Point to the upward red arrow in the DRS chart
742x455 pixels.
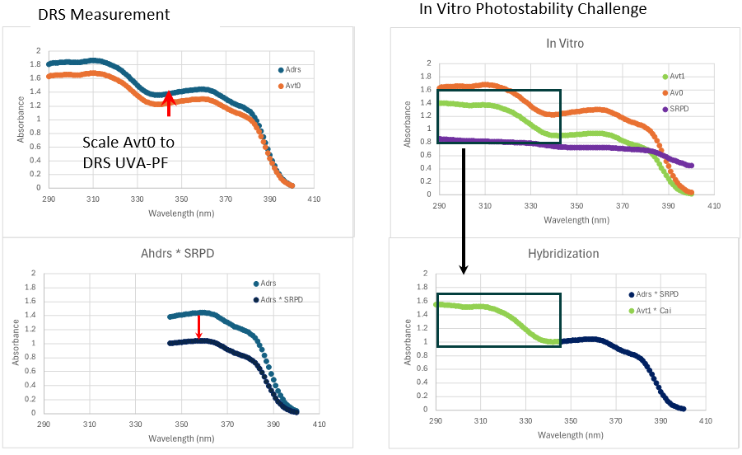[x=168, y=103]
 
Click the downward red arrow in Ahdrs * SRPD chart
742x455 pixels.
[x=198, y=326]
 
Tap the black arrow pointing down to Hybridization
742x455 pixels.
[x=464, y=211]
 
